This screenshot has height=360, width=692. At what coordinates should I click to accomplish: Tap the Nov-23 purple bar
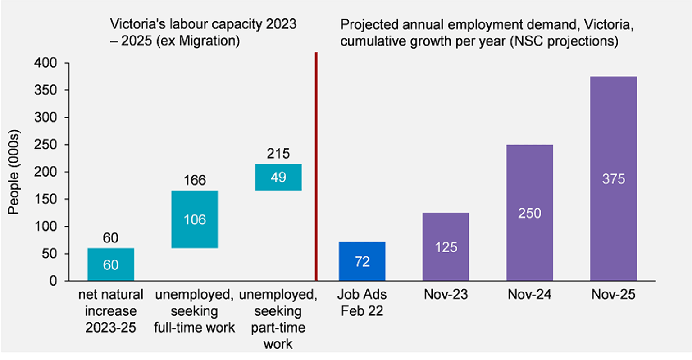tap(446, 247)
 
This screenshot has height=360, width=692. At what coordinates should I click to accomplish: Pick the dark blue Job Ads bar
tap(362, 261)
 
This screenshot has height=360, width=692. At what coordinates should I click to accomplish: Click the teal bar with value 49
tap(278, 177)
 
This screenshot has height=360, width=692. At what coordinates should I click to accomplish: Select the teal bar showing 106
tap(195, 219)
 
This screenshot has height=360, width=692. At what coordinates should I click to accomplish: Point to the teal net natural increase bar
tap(111, 264)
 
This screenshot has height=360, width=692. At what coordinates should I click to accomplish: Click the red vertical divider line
tap(316, 167)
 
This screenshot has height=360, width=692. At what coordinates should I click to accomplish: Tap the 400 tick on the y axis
tap(46, 63)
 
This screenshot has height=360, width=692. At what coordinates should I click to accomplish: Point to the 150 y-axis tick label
tap(46, 199)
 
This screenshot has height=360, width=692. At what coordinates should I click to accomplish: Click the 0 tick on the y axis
tap(53, 281)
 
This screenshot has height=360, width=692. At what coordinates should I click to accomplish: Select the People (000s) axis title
tap(14, 173)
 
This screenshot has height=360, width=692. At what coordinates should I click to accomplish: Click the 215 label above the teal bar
tap(278, 154)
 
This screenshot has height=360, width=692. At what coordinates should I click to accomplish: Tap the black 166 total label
tap(195, 180)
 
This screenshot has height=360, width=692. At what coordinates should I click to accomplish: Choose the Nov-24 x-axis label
tap(529, 295)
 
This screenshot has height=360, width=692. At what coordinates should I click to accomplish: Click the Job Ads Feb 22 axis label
tap(362, 303)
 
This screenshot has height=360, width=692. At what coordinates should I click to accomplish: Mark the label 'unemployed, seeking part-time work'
tap(278, 319)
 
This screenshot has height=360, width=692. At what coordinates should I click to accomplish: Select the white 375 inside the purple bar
tap(613, 179)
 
